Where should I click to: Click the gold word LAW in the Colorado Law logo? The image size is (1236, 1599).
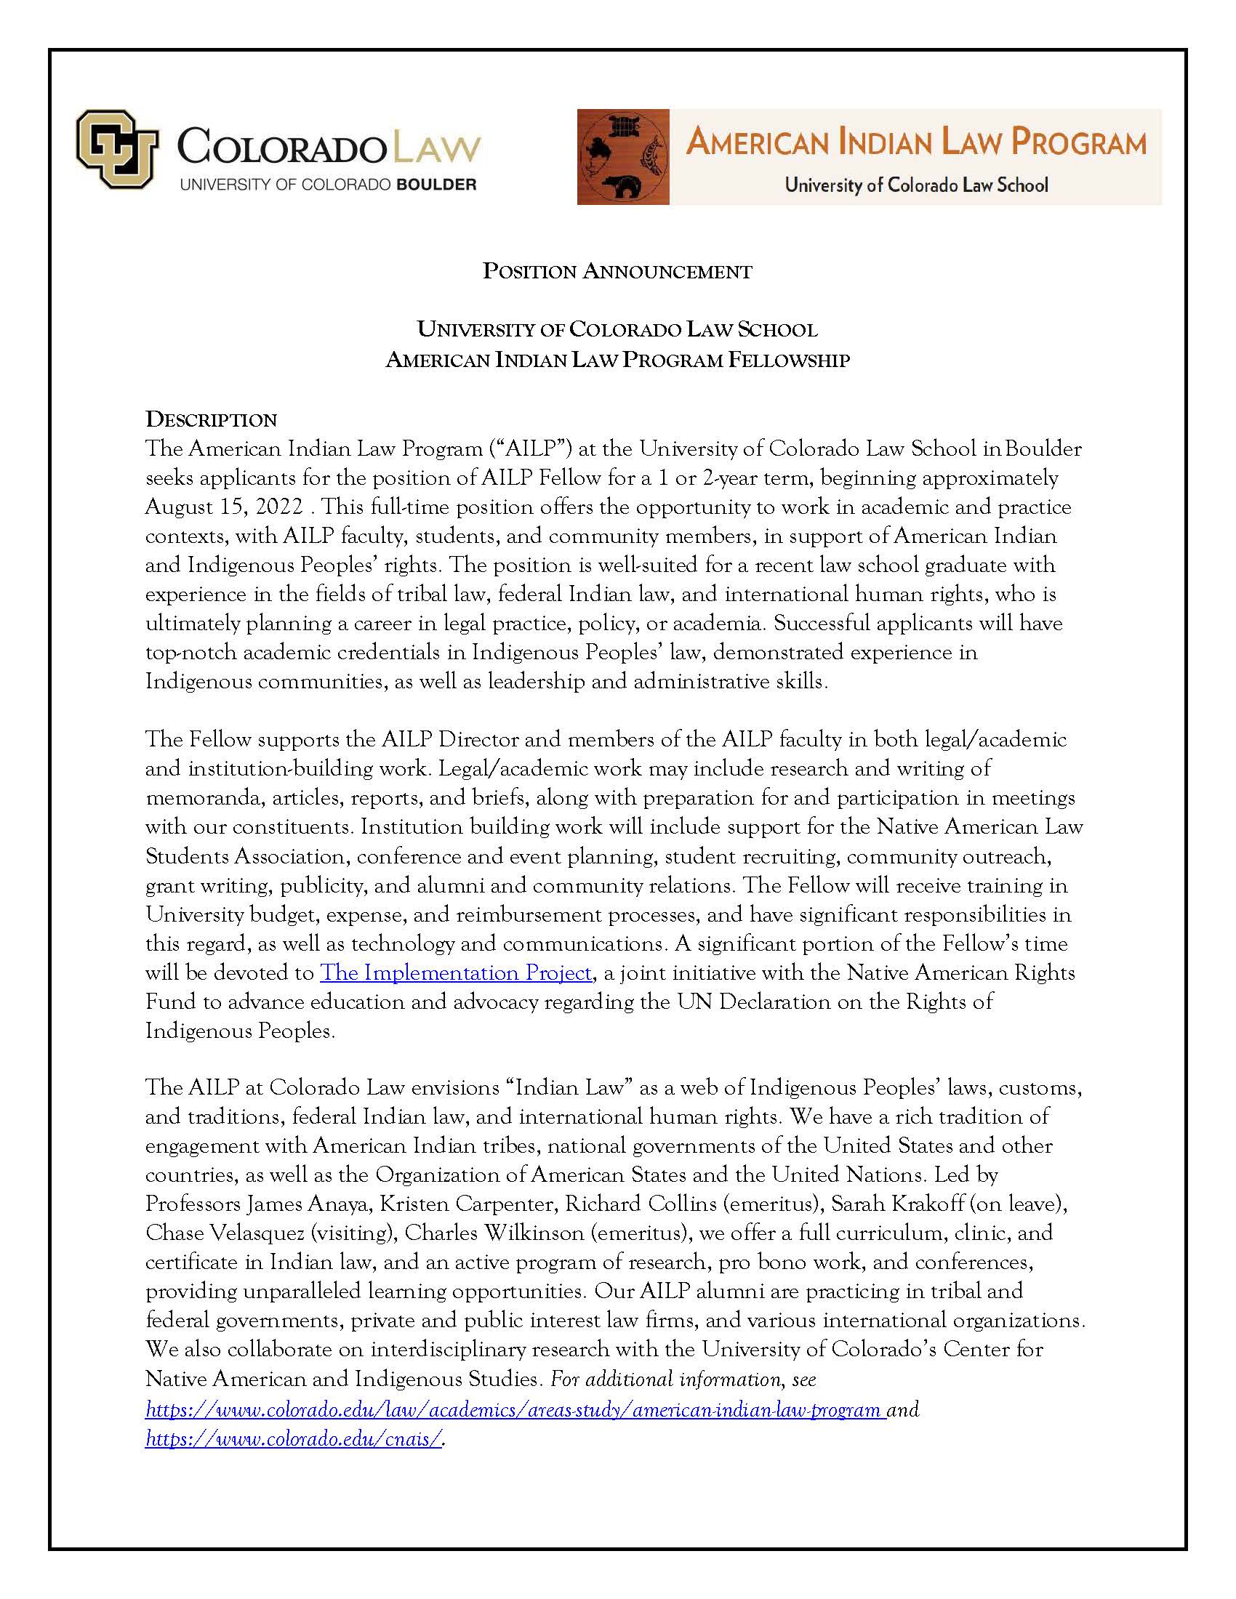point(437,148)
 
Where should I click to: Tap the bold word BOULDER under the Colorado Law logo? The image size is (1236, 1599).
point(436,185)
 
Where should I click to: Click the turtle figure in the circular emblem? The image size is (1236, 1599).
point(624,127)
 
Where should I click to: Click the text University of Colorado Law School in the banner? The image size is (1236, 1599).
point(916,185)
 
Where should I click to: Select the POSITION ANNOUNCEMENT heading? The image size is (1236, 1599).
point(617,272)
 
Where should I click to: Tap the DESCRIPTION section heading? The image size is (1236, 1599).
point(211,420)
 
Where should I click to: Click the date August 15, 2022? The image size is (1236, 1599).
point(223,507)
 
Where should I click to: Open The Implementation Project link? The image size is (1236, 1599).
point(456,973)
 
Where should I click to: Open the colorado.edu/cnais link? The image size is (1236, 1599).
point(294,1438)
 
